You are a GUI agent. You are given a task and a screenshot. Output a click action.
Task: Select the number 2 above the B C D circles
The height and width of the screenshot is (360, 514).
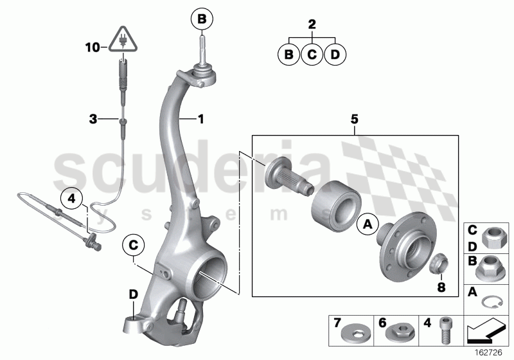[x=312, y=25]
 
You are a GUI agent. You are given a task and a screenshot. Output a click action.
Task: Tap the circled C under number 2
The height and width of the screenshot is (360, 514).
[x=312, y=55]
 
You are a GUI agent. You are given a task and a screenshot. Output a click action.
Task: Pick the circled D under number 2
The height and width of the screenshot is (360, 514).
[x=335, y=55]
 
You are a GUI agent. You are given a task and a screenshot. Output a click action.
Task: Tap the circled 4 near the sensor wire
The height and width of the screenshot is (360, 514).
[x=71, y=198]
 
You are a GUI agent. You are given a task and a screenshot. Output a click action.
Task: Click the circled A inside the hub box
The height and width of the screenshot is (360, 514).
[x=368, y=224]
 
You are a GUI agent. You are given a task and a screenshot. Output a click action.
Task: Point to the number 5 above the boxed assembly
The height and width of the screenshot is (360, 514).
[x=354, y=119]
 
